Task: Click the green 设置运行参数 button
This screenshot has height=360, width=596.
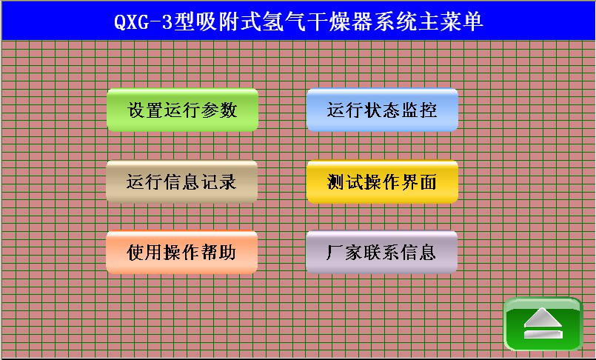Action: click(x=182, y=110)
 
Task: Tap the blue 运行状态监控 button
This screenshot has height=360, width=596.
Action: click(x=382, y=110)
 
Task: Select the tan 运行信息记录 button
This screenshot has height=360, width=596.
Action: click(x=181, y=181)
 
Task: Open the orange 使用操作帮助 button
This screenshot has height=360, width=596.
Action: click(x=181, y=252)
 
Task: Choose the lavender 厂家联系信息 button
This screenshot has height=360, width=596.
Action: click(x=381, y=252)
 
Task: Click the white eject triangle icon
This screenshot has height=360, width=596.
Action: click(x=543, y=318)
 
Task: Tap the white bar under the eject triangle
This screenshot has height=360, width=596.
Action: click(x=543, y=334)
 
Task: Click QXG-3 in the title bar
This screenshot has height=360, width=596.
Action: click(x=144, y=22)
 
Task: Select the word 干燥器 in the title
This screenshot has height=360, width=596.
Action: click(x=340, y=21)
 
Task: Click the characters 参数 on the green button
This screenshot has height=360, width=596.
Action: click(x=219, y=110)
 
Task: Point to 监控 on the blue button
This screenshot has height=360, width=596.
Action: click(x=418, y=110)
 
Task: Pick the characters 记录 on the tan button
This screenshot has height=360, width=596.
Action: click(x=218, y=181)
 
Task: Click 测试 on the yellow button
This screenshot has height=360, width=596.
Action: click(x=345, y=181)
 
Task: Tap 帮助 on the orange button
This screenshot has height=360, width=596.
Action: click(x=218, y=252)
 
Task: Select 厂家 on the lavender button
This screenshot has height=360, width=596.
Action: click(x=344, y=252)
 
